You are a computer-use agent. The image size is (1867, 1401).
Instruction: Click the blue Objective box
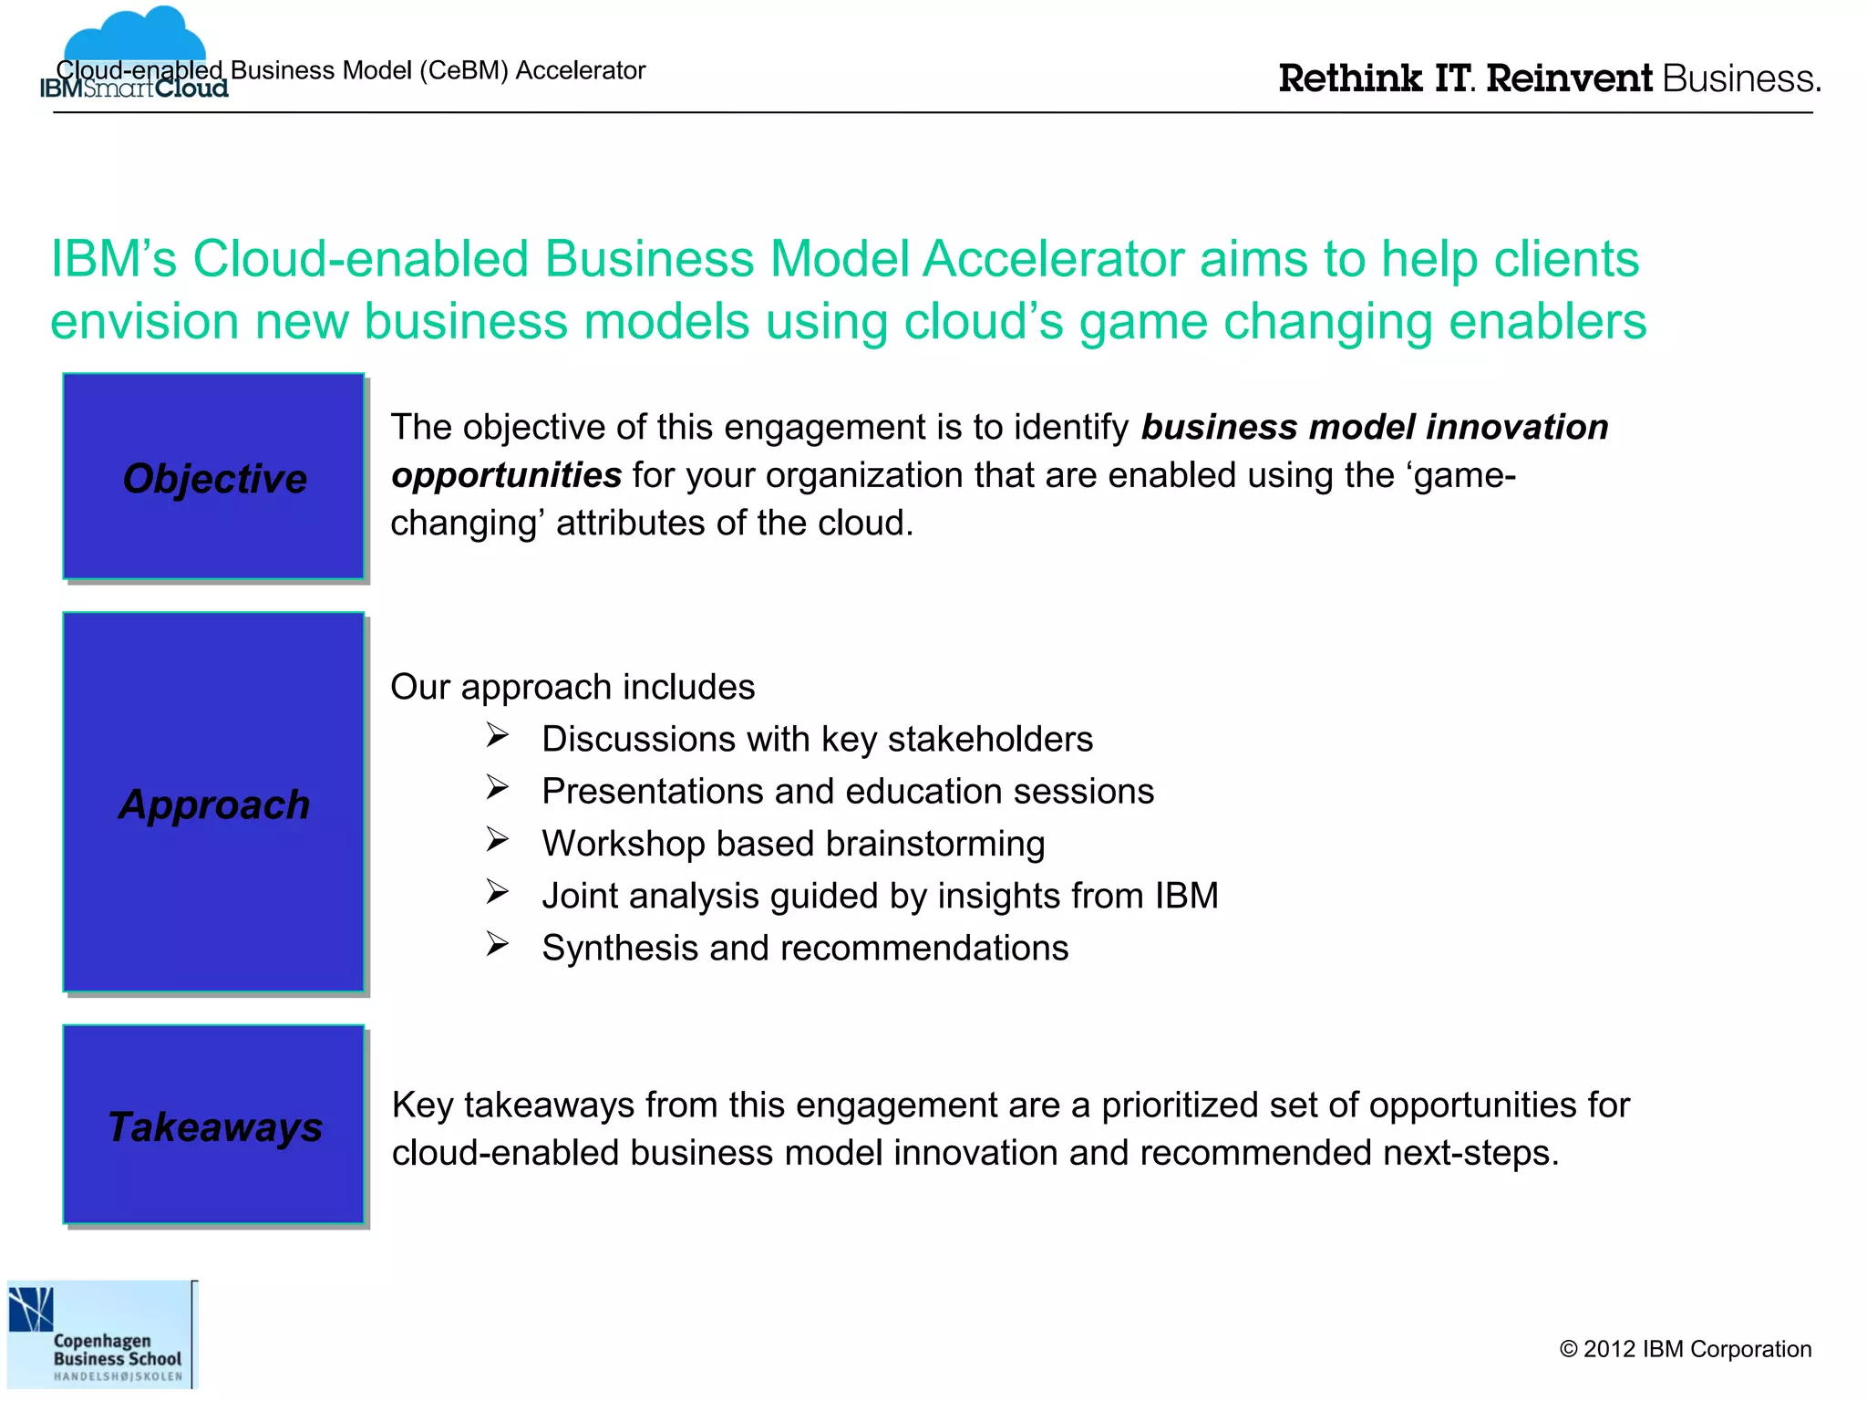(x=213, y=476)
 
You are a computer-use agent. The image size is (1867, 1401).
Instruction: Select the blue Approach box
(x=213, y=802)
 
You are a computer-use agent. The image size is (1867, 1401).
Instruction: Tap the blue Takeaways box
(x=213, y=1124)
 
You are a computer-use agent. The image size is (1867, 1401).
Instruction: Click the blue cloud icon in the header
(x=135, y=36)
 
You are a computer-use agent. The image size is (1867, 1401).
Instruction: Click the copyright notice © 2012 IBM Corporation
(x=1685, y=1349)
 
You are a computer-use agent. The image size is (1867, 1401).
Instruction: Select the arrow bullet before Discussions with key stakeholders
(x=497, y=735)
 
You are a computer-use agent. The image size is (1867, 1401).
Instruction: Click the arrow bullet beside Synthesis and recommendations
(x=497, y=944)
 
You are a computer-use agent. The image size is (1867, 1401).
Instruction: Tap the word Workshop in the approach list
(x=623, y=844)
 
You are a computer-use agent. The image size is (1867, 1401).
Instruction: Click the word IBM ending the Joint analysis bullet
(x=1186, y=896)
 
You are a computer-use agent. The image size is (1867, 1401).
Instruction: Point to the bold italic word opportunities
(x=506, y=475)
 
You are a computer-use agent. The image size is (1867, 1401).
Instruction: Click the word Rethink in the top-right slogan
(x=1350, y=79)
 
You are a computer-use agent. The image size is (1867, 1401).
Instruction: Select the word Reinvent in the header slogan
(x=1569, y=79)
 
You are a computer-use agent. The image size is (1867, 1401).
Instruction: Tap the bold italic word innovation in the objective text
(x=1517, y=427)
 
